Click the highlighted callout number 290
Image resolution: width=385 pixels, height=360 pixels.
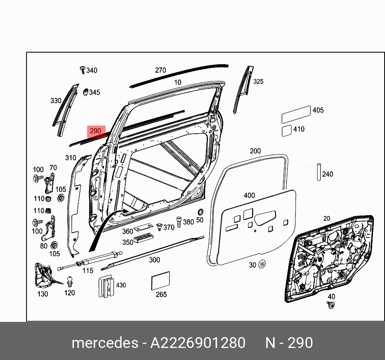point(96,131)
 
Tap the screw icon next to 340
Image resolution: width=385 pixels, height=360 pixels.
point(83,70)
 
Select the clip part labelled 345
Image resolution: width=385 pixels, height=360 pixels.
point(86,92)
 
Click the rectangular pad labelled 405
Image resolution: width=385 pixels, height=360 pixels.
point(296,114)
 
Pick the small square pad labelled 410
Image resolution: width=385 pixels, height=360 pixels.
point(286,131)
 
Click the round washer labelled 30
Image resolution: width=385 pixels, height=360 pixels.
point(262,264)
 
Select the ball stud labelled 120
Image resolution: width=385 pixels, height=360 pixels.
point(69,280)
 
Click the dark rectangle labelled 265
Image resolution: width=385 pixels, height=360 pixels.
point(161,281)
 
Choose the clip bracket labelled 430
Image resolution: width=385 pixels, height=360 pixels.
point(106,286)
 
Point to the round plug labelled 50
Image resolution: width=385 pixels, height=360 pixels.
point(200,212)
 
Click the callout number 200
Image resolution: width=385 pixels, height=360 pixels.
point(255,151)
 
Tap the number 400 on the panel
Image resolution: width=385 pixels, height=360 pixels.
point(249,195)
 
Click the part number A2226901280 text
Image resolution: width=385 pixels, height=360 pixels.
point(198,343)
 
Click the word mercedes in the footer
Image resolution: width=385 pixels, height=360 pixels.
point(104,343)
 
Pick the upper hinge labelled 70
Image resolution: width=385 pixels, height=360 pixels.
point(50,184)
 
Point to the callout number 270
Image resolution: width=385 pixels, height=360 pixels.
point(160,70)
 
